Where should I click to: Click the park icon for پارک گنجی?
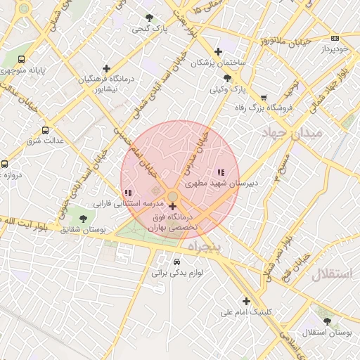tap(149, 18)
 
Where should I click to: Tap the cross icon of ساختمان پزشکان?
tap(219, 51)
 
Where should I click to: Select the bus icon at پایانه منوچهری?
tap(22, 59)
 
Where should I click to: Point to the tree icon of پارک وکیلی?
tap(226, 78)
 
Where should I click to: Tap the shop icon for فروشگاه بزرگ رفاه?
tap(264, 98)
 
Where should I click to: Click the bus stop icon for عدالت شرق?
tap(46, 130)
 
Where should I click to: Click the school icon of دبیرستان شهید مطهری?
tap(221, 172)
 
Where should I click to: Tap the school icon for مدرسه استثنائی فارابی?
tap(127, 192)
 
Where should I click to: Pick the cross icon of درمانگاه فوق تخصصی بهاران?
tap(173, 207)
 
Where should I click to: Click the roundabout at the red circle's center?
tap(173, 196)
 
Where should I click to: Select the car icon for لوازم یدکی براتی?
tap(167, 262)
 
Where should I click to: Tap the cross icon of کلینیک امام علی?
tap(245, 300)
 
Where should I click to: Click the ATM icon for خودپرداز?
tap(335, 39)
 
